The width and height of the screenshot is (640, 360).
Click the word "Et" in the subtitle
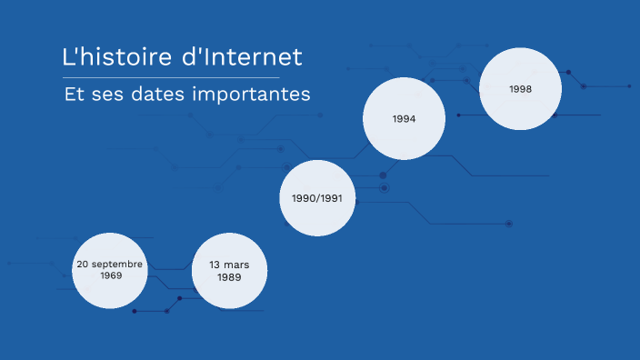[x=74, y=94]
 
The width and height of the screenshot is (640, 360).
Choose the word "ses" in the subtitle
[x=114, y=94]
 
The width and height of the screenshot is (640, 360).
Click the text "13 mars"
[x=229, y=265]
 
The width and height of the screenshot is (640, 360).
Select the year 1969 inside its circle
[x=111, y=275]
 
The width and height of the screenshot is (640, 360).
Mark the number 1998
[x=520, y=89]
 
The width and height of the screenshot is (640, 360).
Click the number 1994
[x=404, y=119]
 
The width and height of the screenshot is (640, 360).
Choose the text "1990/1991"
[x=316, y=197]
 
